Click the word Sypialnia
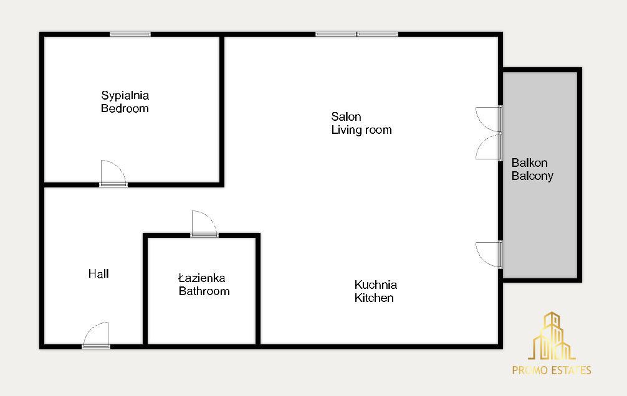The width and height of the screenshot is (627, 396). click(x=125, y=96)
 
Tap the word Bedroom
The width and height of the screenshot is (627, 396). click(x=125, y=108)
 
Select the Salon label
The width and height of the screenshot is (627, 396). click(x=347, y=116)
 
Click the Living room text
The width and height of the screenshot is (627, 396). click(x=361, y=130)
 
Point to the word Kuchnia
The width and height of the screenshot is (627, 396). click(x=375, y=285)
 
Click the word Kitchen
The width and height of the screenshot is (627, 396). click(x=374, y=298)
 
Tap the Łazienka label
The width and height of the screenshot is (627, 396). click(x=201, y=278)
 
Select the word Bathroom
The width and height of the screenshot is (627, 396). click(x=204, y=291)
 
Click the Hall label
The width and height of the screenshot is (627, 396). click(x=98, y=274)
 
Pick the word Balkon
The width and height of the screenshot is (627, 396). click(x=529, y=163)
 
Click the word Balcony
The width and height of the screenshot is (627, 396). click(x=532, y=176)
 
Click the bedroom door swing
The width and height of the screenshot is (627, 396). click(x=113, y=174)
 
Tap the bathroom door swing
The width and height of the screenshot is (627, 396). click(x=204, y=224)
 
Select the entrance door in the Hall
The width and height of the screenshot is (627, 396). click(x=96, y=335)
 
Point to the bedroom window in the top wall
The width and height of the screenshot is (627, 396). click(x=130, y=34)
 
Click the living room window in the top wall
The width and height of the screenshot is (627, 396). click(x=357, y=34)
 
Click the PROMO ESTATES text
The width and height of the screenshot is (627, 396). click(x=552, y=370)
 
